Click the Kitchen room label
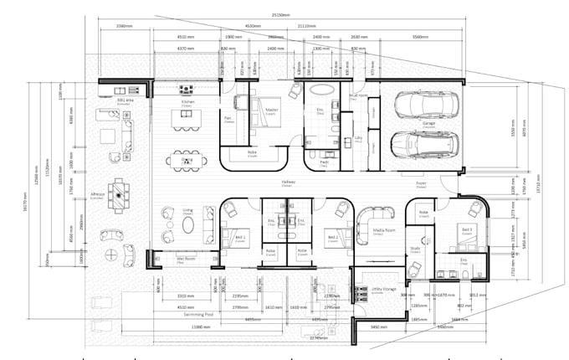tap(187, 102)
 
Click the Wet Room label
tap(173, 260)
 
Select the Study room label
tap(414, 248)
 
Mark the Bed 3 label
tap(466, 228)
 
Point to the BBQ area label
tap(126, 100)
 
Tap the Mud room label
tap(359, 96)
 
